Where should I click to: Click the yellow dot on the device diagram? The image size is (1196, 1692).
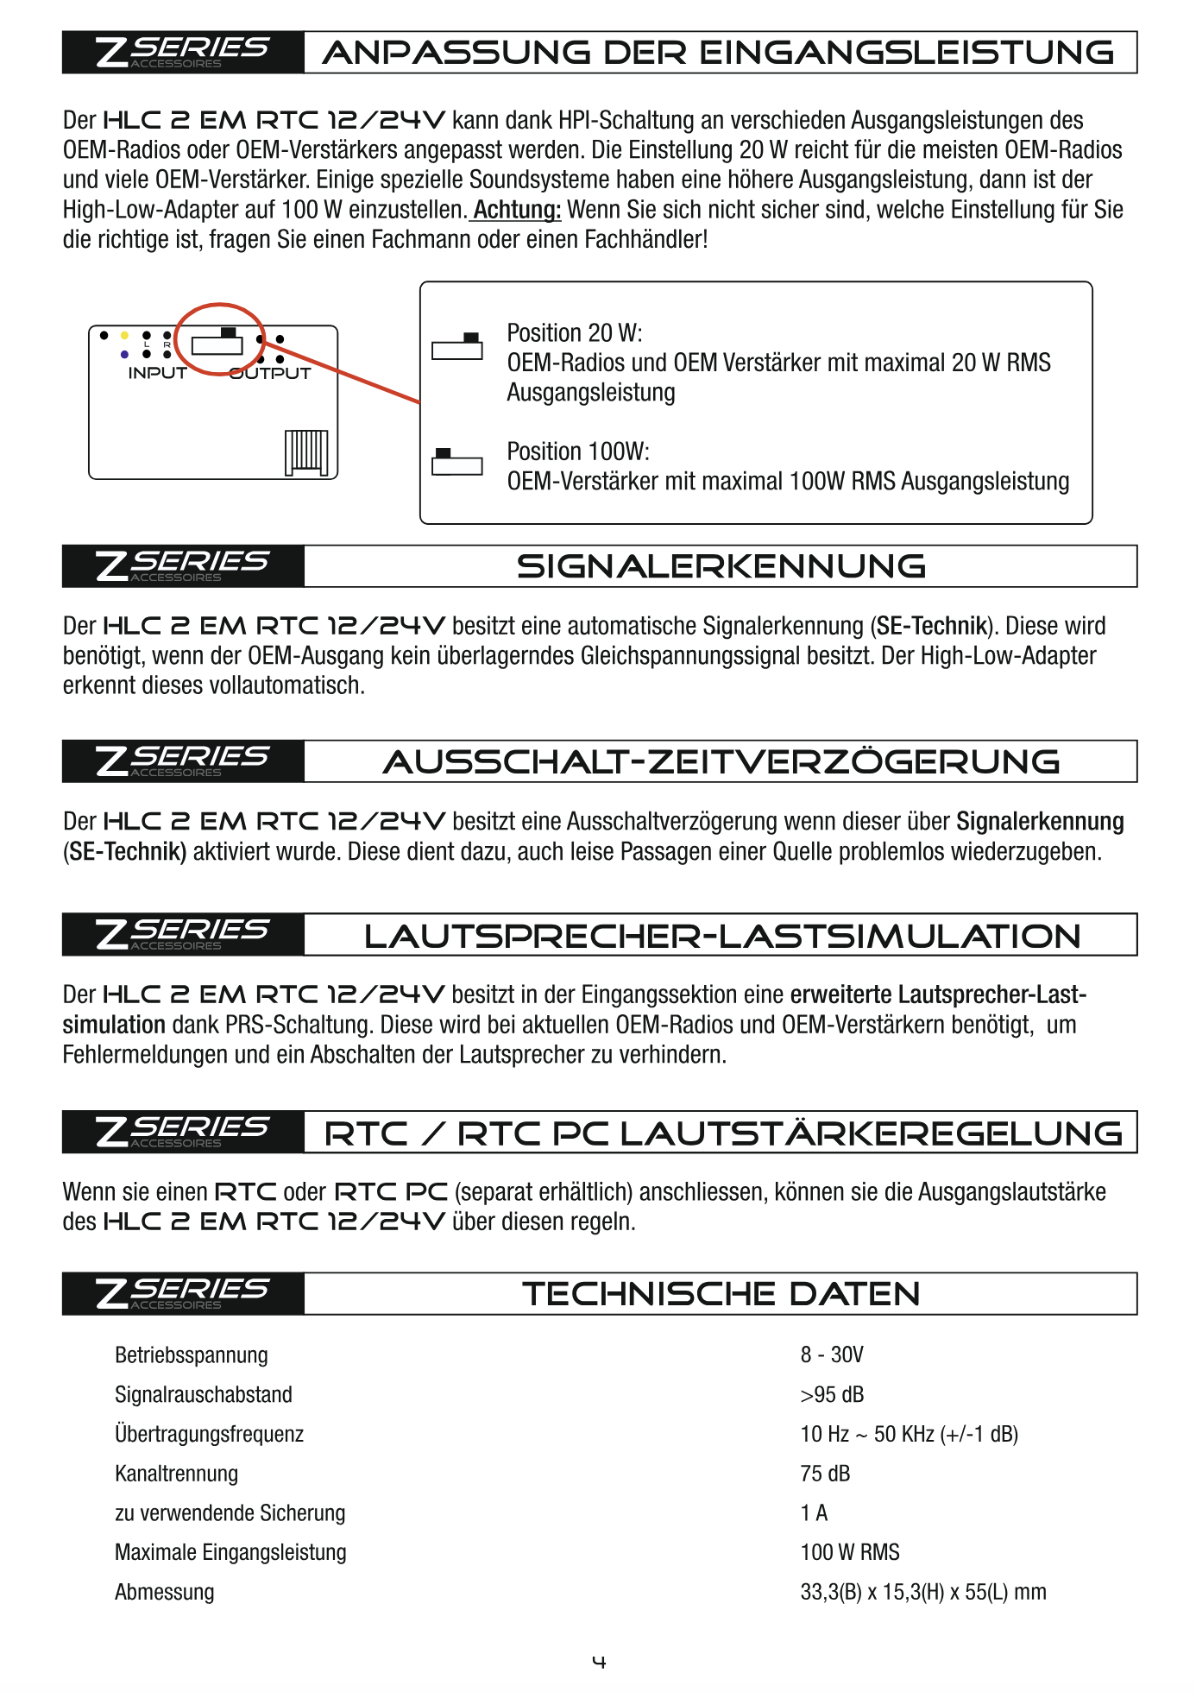124,335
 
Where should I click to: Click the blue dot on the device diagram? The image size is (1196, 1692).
124,354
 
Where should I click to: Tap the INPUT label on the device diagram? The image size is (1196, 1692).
157,373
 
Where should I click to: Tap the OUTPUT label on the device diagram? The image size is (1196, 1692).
270,373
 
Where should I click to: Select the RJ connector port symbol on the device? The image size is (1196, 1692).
306,451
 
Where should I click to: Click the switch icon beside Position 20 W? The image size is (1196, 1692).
456,346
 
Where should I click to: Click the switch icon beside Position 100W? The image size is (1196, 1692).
456,463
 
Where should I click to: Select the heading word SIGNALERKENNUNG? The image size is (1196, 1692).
721,566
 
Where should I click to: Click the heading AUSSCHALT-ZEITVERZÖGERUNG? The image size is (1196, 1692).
721,761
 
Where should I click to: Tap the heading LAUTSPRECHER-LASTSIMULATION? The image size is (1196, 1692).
721,936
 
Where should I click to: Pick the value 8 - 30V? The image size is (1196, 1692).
831,1354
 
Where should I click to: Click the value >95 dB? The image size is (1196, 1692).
831,1394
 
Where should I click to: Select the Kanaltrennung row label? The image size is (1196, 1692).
176,1474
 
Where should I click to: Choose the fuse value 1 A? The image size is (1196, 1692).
814,1512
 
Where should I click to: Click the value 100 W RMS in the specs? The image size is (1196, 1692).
849,1552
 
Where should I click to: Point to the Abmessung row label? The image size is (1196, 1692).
164,1592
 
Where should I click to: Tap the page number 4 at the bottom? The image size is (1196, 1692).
599,1662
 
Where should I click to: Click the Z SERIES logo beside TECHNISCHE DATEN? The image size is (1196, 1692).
183,1293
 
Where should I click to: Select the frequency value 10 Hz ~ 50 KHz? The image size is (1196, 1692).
909,1434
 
